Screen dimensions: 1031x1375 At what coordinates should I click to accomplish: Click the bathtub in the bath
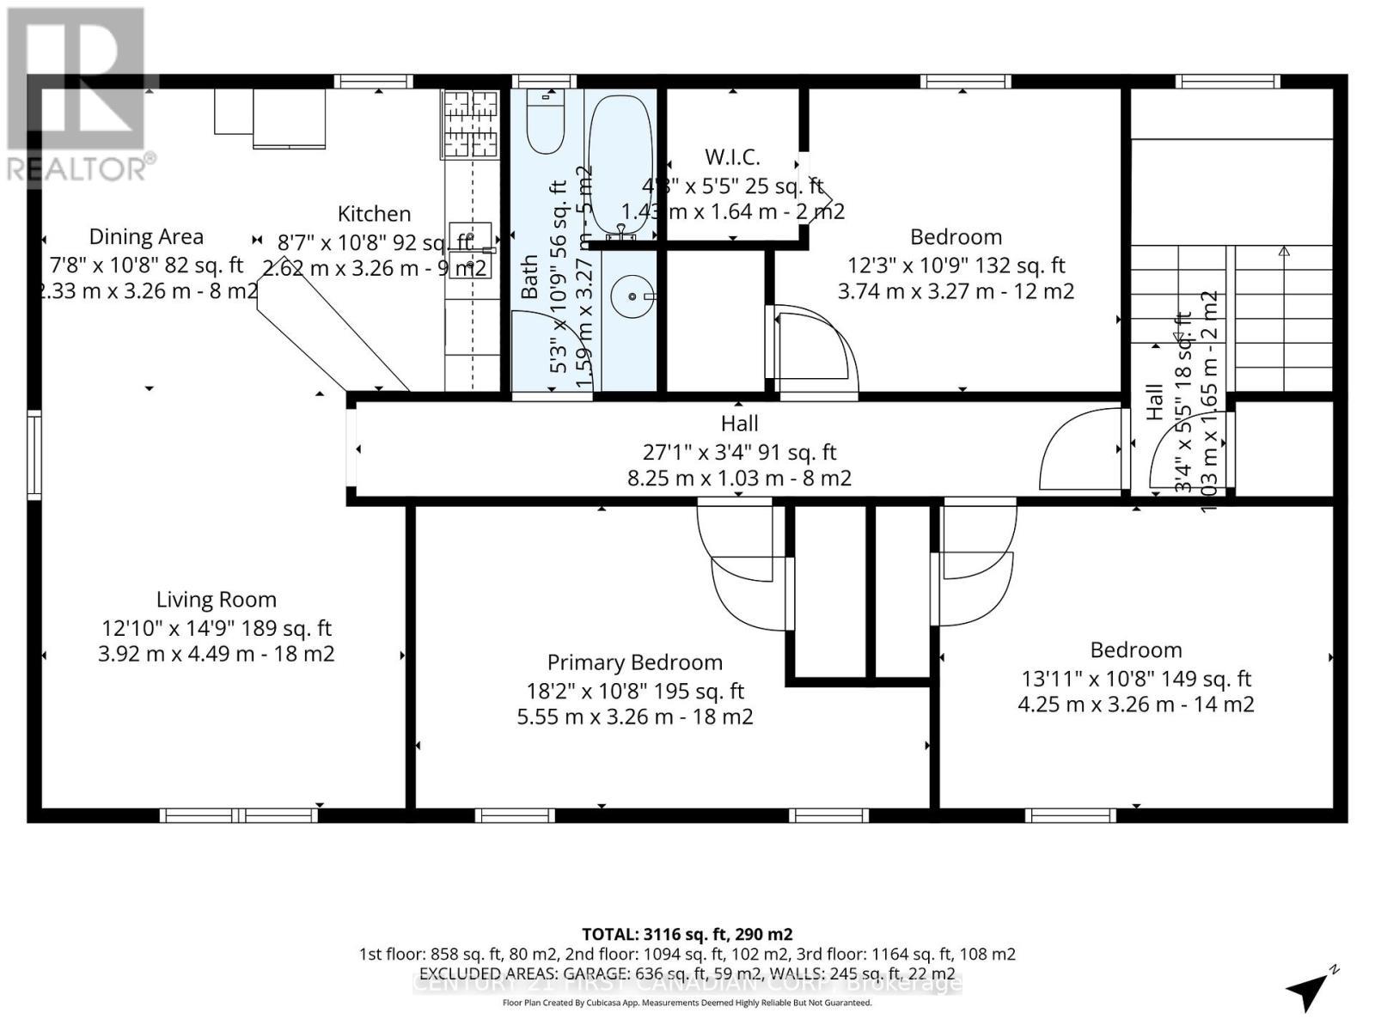[621, 163]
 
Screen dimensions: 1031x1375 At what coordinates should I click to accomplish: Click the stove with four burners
[471, 125]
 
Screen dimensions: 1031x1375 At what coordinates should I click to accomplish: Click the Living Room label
[217, 600]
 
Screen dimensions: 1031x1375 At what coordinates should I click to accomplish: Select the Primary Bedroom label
[634, 662]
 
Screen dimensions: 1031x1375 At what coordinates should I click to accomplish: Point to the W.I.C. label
[732, 157]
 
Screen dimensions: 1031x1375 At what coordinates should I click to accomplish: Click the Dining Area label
[146, 237]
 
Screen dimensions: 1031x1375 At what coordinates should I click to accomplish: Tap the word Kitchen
[374, 214]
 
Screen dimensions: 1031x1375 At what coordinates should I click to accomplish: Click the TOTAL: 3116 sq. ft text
[687, 934]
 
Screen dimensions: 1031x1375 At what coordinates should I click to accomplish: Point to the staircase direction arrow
[1284, 253]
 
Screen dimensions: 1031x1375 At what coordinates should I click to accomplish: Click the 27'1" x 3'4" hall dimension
[739, 452]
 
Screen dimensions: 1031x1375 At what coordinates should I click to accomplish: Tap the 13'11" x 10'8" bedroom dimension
[1135, 679]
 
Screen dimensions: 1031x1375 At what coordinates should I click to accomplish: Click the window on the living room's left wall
[34, 454]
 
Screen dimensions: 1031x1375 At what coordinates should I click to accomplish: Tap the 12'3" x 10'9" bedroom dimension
[956, 265]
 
